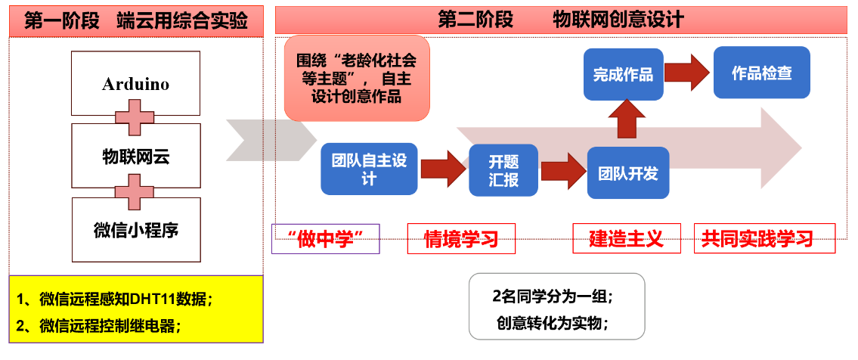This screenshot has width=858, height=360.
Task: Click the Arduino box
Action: click(x=135, y=83)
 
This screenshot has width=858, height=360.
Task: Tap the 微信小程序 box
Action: click(x=136, y=229)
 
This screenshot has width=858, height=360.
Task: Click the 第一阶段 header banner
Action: click(x=136, y=20)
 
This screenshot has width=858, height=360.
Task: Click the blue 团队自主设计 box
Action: click(x=369, y=168)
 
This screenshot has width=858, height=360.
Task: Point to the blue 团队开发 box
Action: click(x=628, y=172)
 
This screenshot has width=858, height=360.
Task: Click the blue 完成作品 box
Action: click(x=623, y=74)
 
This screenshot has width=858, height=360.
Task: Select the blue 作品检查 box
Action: click(x=761, y=73)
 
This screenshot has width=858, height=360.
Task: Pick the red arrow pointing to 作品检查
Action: click(x=688, y=72)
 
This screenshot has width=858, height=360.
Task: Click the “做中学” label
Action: click(x=325, y=238)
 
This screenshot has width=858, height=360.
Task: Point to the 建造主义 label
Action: click(x=626, y=239)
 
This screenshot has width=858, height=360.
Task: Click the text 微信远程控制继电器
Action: click(x=110, y=327)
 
